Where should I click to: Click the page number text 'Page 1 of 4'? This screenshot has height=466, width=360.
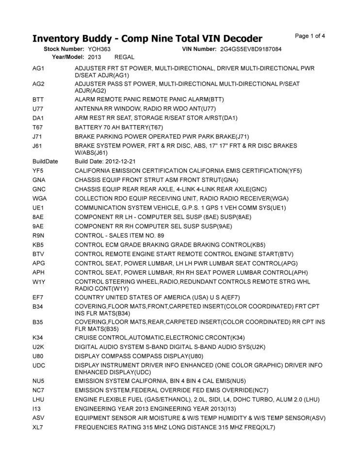coord(310,36)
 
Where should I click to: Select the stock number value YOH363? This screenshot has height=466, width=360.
coord(99,50)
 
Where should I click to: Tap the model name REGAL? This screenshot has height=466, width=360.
coord(124,57)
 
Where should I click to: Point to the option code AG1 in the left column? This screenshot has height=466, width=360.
coord(38,68)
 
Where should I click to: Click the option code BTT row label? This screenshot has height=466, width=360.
coord(38,99)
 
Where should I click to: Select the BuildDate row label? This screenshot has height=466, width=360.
coord(45,161)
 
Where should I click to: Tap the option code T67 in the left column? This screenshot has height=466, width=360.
coord(38,127)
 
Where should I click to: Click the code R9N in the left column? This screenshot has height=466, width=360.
coord(38,235)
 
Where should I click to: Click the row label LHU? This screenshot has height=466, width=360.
coord(38,399)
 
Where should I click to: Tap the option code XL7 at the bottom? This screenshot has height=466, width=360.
coord(38,427)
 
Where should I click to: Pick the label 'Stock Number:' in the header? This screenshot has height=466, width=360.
coord(64,50)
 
